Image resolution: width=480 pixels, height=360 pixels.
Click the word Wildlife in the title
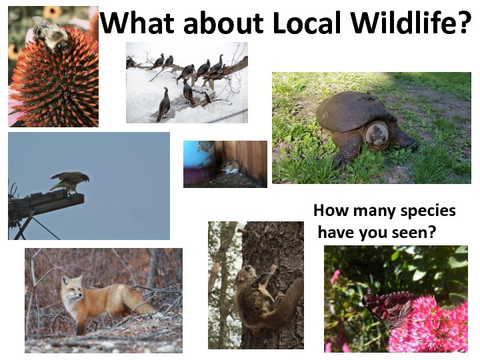point(404,23)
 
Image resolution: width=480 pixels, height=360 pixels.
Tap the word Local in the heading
point(307,23)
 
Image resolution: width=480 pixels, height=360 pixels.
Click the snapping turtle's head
point(377,135)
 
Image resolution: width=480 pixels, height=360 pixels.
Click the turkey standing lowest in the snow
point(164,104)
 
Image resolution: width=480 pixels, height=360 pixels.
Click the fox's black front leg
point(81,327)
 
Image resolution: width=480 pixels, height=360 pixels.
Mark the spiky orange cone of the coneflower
point(57,83)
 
